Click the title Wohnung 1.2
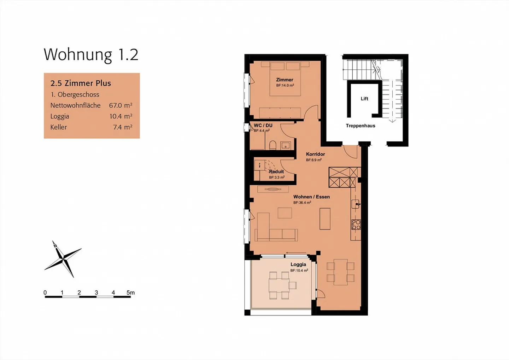(91, 55)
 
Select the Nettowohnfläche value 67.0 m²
(121, 105)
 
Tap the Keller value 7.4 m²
(123, 127)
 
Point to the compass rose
(63, 260)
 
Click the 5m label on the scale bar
(130, 292)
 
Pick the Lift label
(364, 99)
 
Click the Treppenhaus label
(360, 126)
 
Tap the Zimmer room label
(285, 80)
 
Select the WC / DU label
(263, 125)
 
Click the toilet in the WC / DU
(273, 145)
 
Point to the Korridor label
(315, 154)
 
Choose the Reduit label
(276, 172)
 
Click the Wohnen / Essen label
(311, 197)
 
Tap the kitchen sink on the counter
(356, 204)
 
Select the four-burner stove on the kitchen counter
(356, 225)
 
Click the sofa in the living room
(276, 234)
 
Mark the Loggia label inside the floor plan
(298, 265)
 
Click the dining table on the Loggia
(278, 285)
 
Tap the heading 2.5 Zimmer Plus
(81, 83)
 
